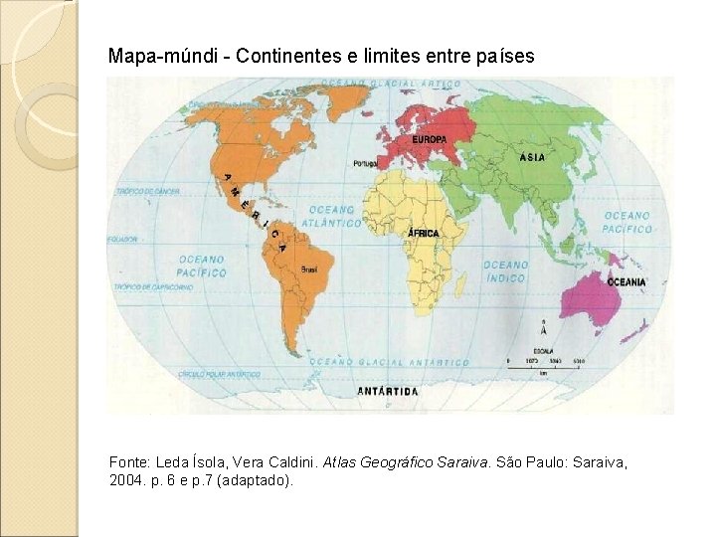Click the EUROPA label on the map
[429, 139]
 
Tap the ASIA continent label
[531, 157]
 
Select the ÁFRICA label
[423, 233]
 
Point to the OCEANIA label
[626, 282]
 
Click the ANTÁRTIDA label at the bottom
[388, 392]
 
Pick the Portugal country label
[365, 163]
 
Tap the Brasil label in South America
[308, 268]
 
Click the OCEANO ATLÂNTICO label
[334, 217]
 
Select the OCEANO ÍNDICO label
[505, 270]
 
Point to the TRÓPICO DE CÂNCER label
[148, 190]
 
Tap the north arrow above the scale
[542, 331]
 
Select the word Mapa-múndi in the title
[158, 57]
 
